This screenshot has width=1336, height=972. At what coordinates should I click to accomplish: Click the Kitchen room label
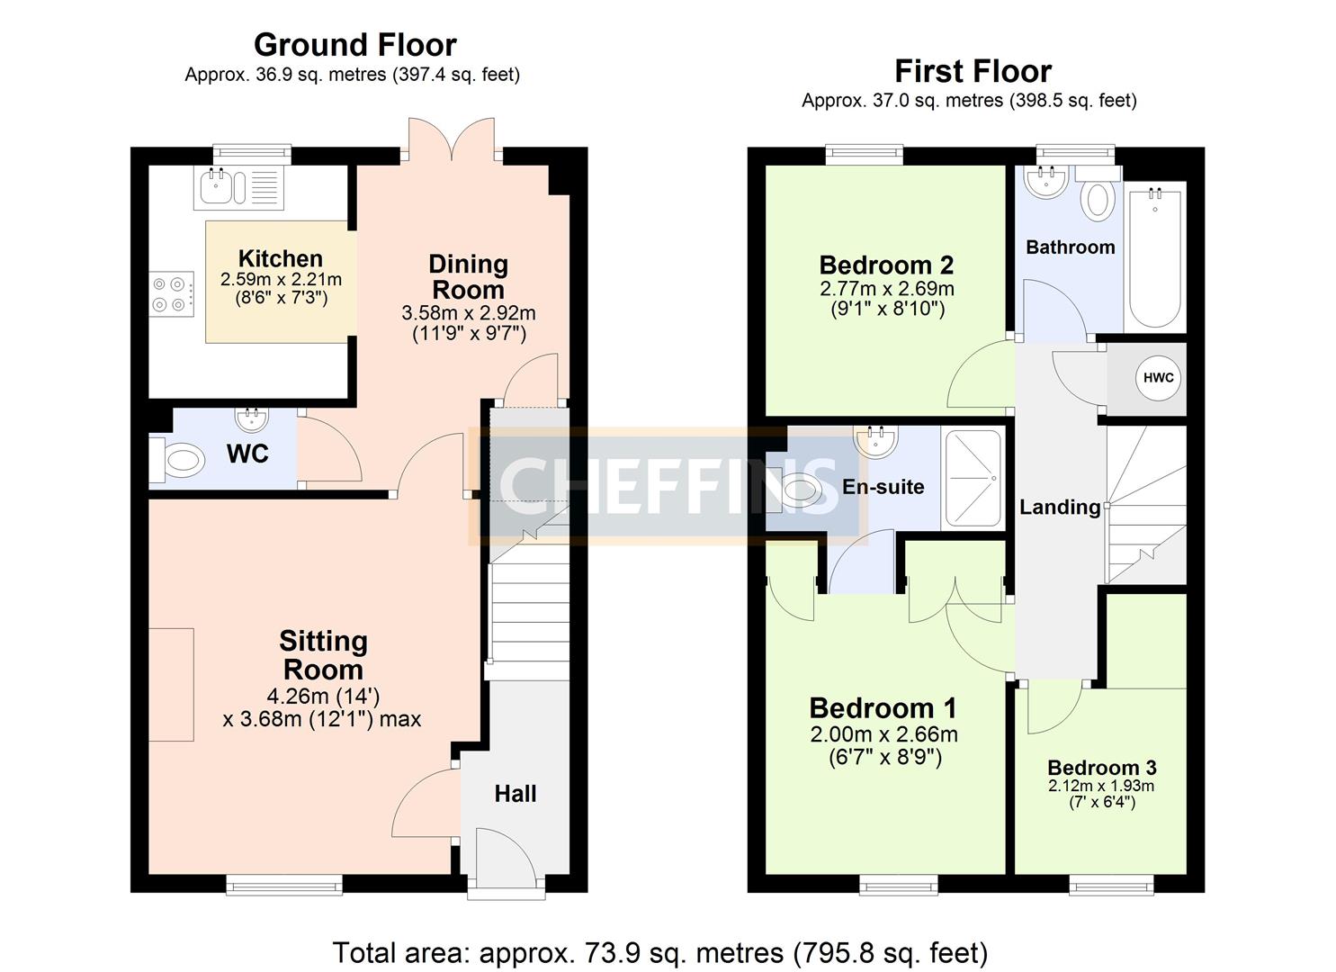(x=280, y=259)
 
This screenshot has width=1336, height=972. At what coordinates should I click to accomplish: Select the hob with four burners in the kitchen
(x=172, y=293)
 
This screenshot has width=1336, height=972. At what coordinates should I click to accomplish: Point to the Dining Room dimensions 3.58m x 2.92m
(x=468, y=313)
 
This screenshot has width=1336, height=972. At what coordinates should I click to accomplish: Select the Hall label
(x=516, y=794)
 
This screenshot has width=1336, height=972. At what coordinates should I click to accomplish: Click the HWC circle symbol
(x=1158, y=378)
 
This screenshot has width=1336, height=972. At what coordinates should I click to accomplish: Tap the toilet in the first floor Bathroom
(x=1098, y=195)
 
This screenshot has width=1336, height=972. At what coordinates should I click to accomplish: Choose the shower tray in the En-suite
(x=971, y=479)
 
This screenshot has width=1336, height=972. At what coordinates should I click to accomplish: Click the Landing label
(x=1060, y=508)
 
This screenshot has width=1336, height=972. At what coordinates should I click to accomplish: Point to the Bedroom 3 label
(x=1101, y=768)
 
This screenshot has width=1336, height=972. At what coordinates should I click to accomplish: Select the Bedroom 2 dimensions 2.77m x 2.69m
(x=886, y=289)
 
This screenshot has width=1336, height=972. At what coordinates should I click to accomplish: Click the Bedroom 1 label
(x=883, y=708)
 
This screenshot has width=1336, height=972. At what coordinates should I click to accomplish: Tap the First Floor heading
(x=973, y=71)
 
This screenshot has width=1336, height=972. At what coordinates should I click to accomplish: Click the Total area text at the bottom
(x=660, y=952)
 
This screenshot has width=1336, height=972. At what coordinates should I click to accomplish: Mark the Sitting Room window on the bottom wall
(x=283, y=886)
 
